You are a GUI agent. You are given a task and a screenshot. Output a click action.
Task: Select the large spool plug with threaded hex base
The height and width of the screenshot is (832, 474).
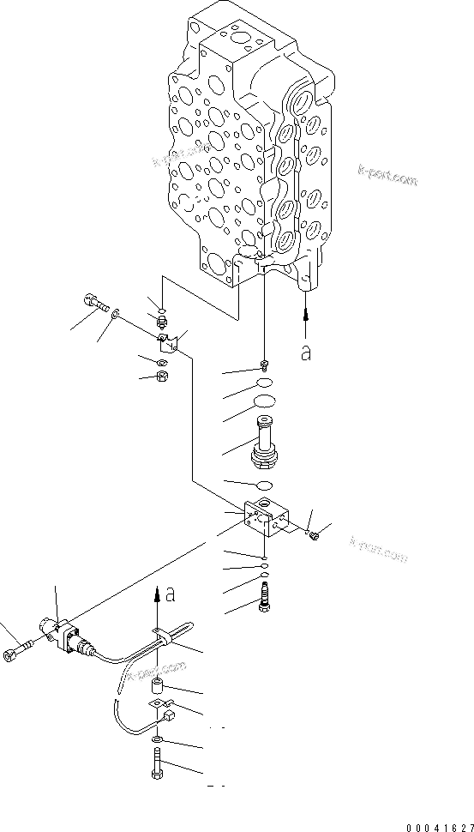click(266, 442)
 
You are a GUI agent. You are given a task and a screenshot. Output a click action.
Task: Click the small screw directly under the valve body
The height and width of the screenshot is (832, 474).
click(266, 364)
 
